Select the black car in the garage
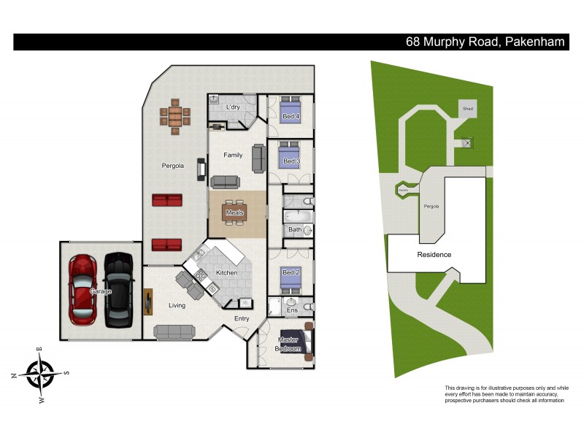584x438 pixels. coord(118,290)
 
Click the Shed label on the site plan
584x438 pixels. coord(468,109)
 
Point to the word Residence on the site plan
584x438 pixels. coord(434,255)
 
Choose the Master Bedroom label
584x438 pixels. coord(288,345)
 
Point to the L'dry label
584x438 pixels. coord(233,108)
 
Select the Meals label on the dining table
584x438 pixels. coord(234,212)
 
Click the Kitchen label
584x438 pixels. coord(226,273)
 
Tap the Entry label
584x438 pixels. coord(242,318)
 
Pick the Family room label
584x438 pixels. coord(233,155)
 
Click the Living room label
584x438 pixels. coord(177,305)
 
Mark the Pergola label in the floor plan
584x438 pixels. coord(172,166)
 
